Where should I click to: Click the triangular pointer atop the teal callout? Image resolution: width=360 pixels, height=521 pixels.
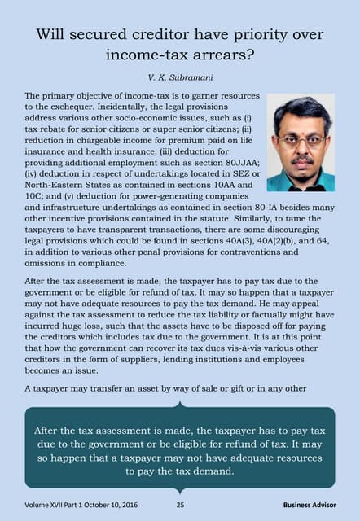179,403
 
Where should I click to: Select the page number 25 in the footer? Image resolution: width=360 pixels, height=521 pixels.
180,506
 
